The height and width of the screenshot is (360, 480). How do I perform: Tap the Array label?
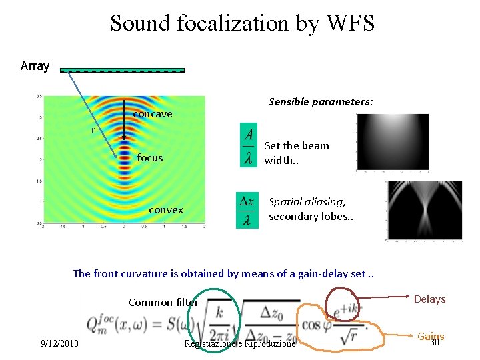pos(35,66)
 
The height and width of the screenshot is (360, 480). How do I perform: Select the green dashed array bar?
pos(123,70)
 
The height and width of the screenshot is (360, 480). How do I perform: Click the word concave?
pos(153,114)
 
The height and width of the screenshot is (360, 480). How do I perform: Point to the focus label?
pos(149,158)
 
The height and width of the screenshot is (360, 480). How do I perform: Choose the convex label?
pos(166,210)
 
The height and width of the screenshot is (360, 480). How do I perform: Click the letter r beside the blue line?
pos(93,130)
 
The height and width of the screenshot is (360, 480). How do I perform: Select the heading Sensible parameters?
pos(321,102)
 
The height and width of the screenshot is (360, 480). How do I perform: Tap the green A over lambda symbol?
pos(249,145)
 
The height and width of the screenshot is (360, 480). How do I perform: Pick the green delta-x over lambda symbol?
pos(247,210)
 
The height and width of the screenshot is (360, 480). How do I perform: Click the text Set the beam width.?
pos(297,153)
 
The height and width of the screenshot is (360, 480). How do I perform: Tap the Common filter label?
pos(163,303)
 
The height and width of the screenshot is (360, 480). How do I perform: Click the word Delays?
pos(429,299)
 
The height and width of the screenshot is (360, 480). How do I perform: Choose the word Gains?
pos(431,337)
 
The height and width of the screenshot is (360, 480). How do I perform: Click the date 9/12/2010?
pos(59,344)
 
